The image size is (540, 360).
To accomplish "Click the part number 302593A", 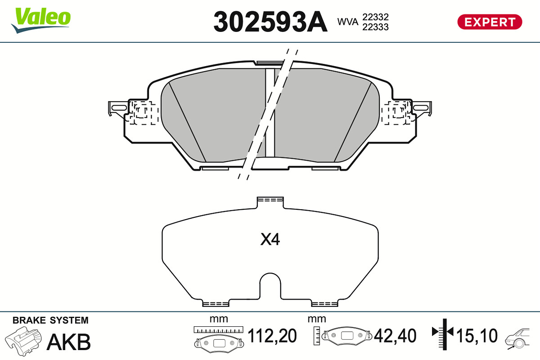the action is point(270,22).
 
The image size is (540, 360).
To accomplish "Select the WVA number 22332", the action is point(375,17).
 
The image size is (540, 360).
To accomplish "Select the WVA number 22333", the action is point(375,27).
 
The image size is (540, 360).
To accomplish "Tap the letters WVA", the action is point(347,22).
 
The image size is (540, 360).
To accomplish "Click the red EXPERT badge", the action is point(490,22).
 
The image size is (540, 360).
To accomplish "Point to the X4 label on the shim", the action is point(270,239).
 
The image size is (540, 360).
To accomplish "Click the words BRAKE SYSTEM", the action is point(50,320).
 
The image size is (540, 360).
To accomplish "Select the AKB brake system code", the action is point(69,342).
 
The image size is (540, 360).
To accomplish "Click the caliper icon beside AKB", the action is point(23,341).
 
